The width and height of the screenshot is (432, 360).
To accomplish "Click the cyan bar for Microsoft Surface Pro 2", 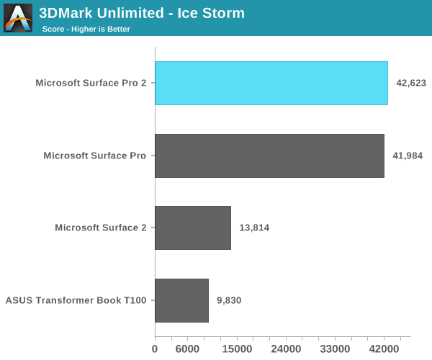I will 271,83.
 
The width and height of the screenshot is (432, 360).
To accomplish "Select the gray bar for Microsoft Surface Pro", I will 269,156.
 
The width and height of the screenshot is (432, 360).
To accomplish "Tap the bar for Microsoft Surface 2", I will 193,228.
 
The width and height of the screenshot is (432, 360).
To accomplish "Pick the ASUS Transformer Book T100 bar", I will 181,300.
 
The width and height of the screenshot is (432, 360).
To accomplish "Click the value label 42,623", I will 411,83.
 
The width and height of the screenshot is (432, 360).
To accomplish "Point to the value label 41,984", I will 408,156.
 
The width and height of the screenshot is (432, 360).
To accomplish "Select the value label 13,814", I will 254,228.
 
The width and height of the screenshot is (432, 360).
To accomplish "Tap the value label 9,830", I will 229,300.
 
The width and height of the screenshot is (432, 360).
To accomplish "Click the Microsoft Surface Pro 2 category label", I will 91,83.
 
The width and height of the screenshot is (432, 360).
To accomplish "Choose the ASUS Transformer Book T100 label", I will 76,300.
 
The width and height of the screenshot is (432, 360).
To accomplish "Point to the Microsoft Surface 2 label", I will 101,228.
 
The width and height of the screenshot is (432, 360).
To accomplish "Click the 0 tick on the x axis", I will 155,349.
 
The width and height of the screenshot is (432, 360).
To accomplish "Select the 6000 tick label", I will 187,349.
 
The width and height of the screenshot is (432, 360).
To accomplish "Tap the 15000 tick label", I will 237,349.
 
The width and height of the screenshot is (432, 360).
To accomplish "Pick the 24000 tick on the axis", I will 286,349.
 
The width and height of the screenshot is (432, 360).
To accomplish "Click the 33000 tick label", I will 335,349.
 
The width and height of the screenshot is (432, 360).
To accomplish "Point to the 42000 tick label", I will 384,349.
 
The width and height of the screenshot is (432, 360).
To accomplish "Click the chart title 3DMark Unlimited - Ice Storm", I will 142,13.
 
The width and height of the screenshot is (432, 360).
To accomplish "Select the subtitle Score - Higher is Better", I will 86,29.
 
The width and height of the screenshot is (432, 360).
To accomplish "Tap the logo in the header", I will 18,18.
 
